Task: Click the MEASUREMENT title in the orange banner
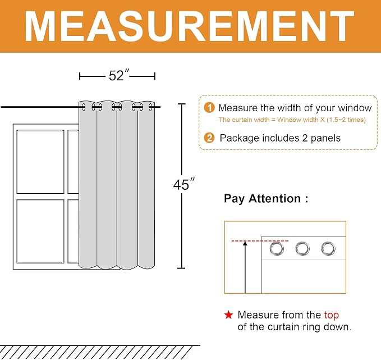(x=189, y=26)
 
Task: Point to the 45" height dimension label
(x=184, y=184)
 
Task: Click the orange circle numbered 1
(x=209, y=108)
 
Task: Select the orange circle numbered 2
(x=209, y=138)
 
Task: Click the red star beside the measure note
(x=228, y=315)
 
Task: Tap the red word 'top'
(x=332, y=315)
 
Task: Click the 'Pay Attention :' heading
(x=266, y=199)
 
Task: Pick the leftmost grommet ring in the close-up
(x=277, y=249)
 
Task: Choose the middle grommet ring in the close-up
(x=302, y=249)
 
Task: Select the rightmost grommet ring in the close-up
(x=328, y=249)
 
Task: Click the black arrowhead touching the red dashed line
(x=245, y=243)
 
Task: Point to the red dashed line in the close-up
(x=260, y=241)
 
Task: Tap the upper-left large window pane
(x=40, y=162)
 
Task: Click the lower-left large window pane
(x=40, y=231)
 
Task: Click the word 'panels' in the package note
(x=325, y=138)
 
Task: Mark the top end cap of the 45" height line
(x=181, y=104)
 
